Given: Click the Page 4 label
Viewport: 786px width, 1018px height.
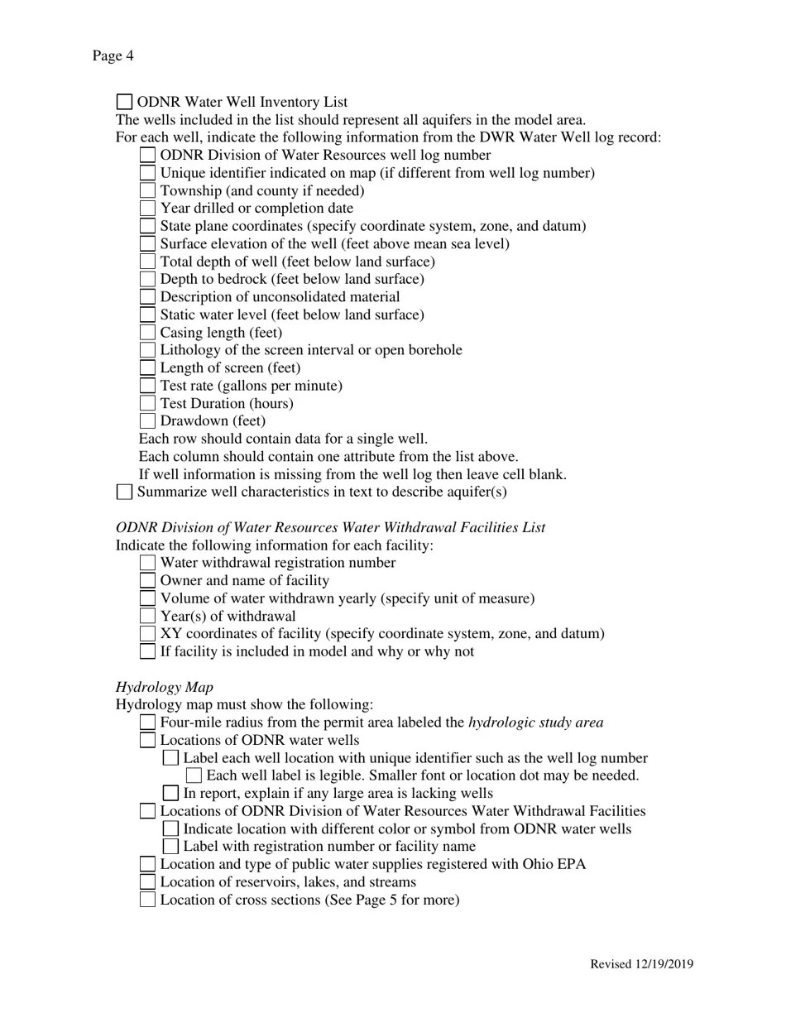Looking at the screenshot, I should pyautogui.click(x=113, y=56).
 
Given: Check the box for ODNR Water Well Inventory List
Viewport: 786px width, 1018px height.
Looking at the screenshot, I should pyautogui.click(x=124, y=102).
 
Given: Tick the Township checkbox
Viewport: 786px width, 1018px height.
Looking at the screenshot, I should pyautogui.click(x=147, y=190).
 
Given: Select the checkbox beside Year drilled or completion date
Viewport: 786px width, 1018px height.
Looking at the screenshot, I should pyautogui.click(x=147, y=209).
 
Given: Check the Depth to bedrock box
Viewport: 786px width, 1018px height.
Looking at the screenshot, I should pyautogui.click(x=147, y=279).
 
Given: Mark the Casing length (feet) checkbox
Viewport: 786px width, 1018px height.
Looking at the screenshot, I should pyautogui.click(x=147, y=333).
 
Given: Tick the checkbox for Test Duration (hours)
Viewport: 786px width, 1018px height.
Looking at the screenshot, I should pyautogui.click(x=147, y=403).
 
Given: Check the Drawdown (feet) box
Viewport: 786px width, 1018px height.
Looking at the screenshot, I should pyautogui.click(x=147, y=421).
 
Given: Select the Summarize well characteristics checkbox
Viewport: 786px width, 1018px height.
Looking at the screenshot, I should pyautogui.click(x=124, y=492).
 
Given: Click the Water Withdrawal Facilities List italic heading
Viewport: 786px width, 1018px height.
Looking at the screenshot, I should pyautogui.click(x=330, y=528).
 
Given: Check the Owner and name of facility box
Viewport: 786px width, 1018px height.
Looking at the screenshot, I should pyautogui.click(x=147, y=581).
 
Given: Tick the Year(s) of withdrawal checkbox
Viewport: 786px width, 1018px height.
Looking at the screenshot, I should pyautogui.click(x=147, y=616).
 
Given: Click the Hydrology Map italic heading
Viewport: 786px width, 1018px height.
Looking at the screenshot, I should pyautogui.click(x=164, y=687).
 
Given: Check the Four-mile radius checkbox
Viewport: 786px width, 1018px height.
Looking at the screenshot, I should pyautogui.click(x=147, y=723).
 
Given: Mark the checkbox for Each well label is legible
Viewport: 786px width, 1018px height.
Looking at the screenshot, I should pyautogui.click(x=194, y=776).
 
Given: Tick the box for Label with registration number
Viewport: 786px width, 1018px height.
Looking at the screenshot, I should pyautogui.click(x=170, y=847).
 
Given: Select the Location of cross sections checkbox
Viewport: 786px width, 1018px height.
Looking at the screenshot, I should pyautogui.click(x=147, y=900).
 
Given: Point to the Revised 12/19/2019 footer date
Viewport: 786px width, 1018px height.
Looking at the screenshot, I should pyautogui.click(x=641, y=964).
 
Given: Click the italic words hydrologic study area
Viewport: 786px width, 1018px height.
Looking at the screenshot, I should pyautogui.click(x=535, y=723).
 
